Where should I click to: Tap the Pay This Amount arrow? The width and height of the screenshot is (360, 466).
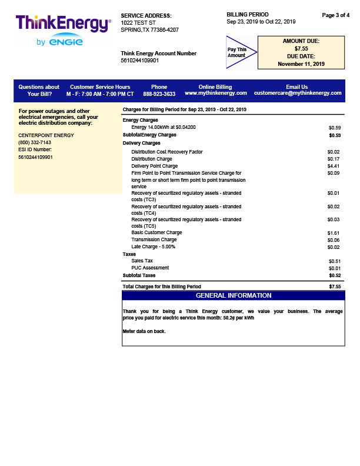point(241,52)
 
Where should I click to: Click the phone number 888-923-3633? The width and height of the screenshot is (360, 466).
point(159,94)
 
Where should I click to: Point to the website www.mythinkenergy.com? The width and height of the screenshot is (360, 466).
point(215,94)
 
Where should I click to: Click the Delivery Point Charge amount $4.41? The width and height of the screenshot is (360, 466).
point(333,166)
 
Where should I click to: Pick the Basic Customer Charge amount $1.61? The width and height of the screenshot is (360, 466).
point(333,233)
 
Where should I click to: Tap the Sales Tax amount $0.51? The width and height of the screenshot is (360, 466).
point(334,261)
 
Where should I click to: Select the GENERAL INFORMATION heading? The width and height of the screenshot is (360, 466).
point(233,295)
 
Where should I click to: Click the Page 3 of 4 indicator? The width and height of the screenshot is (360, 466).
point(336,15)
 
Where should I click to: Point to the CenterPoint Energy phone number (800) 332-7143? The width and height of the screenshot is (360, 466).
point(35,142)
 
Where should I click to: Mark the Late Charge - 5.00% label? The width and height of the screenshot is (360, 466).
point(153,247)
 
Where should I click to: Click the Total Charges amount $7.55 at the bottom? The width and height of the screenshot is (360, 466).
point(335,287)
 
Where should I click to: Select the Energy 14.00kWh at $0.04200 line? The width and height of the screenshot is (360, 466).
point(164,127)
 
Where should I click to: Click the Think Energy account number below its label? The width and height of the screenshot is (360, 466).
point(139,61)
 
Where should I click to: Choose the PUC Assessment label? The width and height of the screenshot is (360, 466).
point(150,268)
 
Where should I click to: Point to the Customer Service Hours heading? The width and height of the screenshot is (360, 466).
point(100,87)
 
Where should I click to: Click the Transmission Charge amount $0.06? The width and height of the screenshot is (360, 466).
point(333,240)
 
